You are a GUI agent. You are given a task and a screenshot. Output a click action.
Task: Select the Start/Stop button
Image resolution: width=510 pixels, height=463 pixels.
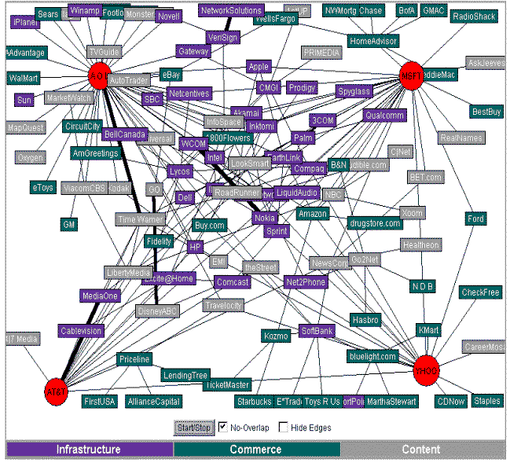pos(193,428)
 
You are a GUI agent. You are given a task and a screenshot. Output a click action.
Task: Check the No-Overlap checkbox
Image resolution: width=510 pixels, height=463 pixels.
pos(222,428)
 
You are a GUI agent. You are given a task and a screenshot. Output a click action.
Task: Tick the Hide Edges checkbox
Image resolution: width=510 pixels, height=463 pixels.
pos(284,428)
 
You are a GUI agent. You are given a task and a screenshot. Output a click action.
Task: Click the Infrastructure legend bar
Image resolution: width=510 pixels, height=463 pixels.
pos(89,450)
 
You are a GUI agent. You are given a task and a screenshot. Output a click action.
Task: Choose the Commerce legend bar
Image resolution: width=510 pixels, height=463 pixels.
pos(255,450)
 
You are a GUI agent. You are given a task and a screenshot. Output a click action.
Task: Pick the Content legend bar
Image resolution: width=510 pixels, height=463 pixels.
pos(421,450)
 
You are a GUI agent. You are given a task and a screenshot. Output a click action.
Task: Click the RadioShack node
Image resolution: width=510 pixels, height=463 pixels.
pos(474,17)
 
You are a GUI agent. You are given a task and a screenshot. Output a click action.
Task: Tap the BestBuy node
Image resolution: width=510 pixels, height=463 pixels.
pos(486,112)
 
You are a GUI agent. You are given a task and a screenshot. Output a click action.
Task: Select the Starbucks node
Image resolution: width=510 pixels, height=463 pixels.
pos(252,402)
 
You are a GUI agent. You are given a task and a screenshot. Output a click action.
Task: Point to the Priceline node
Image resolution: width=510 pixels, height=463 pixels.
pos(134,359)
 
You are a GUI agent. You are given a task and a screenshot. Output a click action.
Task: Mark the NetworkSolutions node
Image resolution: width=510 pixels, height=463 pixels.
pos(231,11)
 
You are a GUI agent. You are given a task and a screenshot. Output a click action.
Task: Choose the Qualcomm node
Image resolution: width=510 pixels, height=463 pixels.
pos(384,116)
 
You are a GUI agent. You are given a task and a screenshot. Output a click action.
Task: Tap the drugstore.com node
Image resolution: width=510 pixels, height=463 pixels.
pos(375,223)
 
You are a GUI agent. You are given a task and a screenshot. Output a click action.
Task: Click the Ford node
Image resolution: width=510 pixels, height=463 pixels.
pos(475,219)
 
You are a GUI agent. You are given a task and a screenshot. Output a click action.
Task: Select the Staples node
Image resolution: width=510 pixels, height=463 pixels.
pos(486,401)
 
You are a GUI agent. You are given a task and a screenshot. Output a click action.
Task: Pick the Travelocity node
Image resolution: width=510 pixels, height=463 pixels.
pos(224,305)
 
